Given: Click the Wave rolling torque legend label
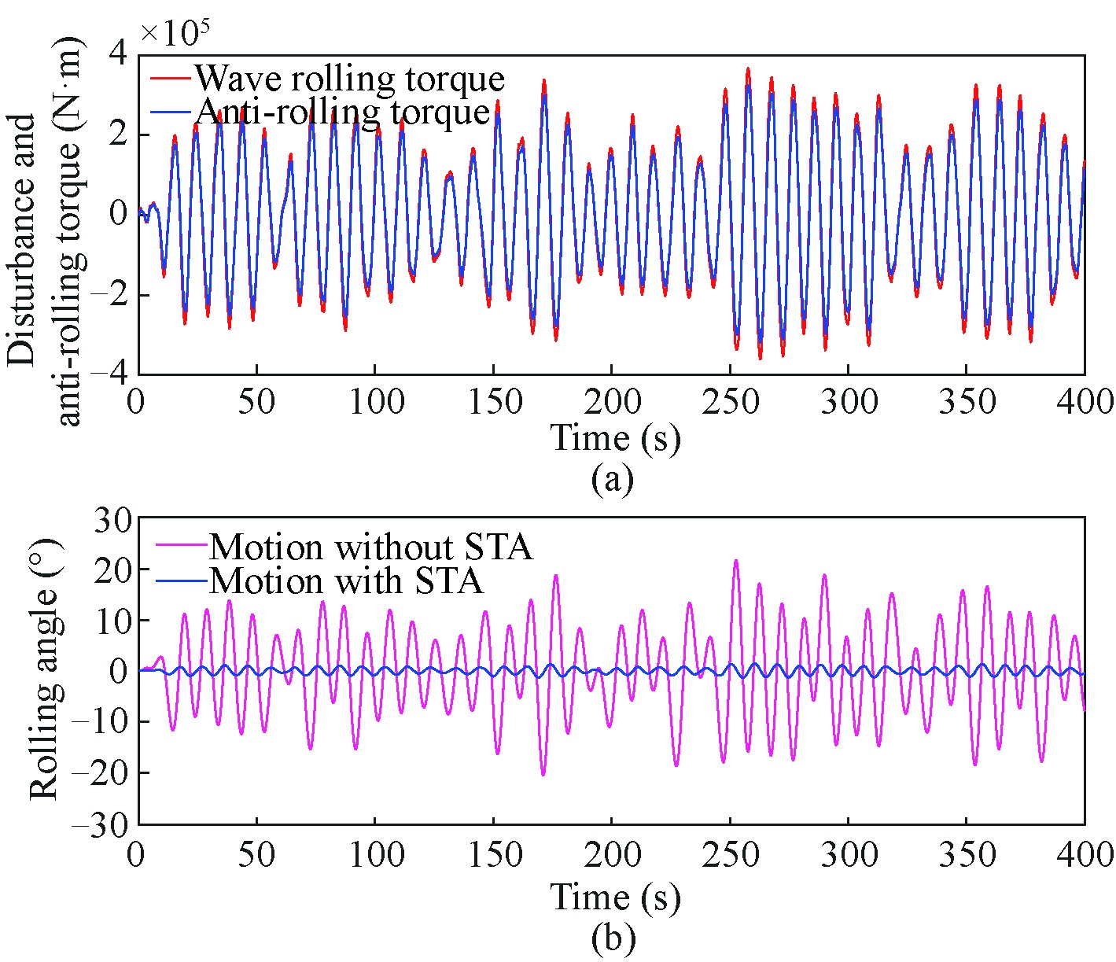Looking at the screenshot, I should point(349,79).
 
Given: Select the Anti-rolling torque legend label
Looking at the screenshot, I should point(343,112).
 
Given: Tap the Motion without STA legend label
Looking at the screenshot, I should point(370,546).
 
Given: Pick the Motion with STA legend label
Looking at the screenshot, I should point(346,581).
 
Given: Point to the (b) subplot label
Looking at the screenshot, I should point(612,938).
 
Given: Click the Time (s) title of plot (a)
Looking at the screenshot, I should point(614,437).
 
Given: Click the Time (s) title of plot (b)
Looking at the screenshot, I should point(614,897).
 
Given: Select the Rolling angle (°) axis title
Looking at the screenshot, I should point(46,671).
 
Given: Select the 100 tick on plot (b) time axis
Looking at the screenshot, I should point(375,853).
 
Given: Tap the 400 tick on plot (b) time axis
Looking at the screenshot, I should point(1085,853).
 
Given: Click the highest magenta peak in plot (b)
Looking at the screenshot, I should point(735,561).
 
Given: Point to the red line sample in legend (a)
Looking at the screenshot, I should point(171,79).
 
